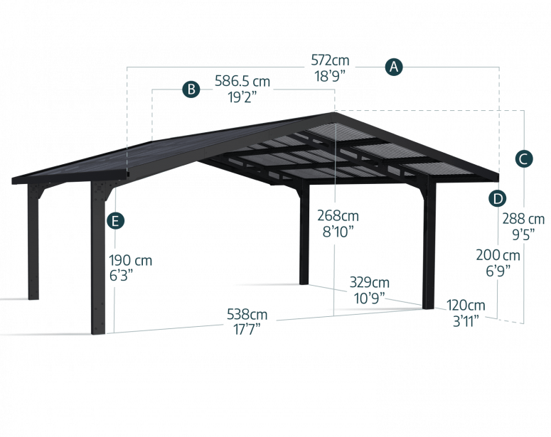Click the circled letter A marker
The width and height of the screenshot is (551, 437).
tap(394, 68)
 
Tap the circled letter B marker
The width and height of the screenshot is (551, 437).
tap(191, 89)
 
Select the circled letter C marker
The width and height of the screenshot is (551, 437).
tap(523, 158)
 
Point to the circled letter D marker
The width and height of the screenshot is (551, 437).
tap(498, 198)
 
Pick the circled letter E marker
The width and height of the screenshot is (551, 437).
tap(114, 221)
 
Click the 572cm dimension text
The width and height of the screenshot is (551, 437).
tap(331, 60)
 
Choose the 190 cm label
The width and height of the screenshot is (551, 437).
tap(131, 261)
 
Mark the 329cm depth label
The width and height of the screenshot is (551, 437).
tap(370, 283)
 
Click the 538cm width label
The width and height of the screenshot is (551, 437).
tap(247, 314)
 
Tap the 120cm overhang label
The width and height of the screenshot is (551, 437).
tap(466, 305)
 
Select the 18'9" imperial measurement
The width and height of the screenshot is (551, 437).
tap(331, 76)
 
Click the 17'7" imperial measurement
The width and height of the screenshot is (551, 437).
tap(246, 328)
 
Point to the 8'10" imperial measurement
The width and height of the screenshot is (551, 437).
tap(338, 231)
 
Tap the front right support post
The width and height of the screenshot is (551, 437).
tap(429, 249)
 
